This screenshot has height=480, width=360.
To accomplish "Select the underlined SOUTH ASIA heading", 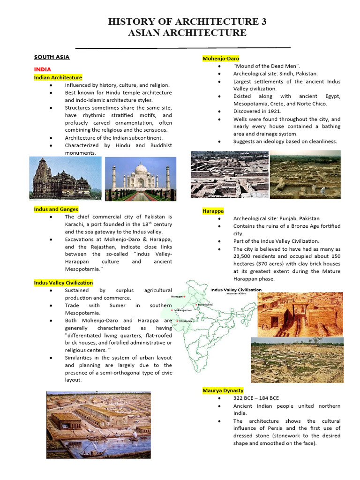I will tap(52, 57).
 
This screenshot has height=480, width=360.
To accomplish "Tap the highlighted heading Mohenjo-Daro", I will tap(220, 59).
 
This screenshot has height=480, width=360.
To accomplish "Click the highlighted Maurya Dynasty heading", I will tap(223, 390).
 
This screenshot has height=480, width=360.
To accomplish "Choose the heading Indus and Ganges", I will tap(56, 209).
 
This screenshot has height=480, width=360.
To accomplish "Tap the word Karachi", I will tap(75, 224).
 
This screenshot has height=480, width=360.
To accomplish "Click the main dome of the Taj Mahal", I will tap(141, 169).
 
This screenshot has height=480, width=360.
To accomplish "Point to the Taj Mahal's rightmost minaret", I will tap(168, 177).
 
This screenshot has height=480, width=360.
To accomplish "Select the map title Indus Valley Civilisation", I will tap(236, 290).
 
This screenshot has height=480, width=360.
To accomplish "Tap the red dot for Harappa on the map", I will tap(185, 297).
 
